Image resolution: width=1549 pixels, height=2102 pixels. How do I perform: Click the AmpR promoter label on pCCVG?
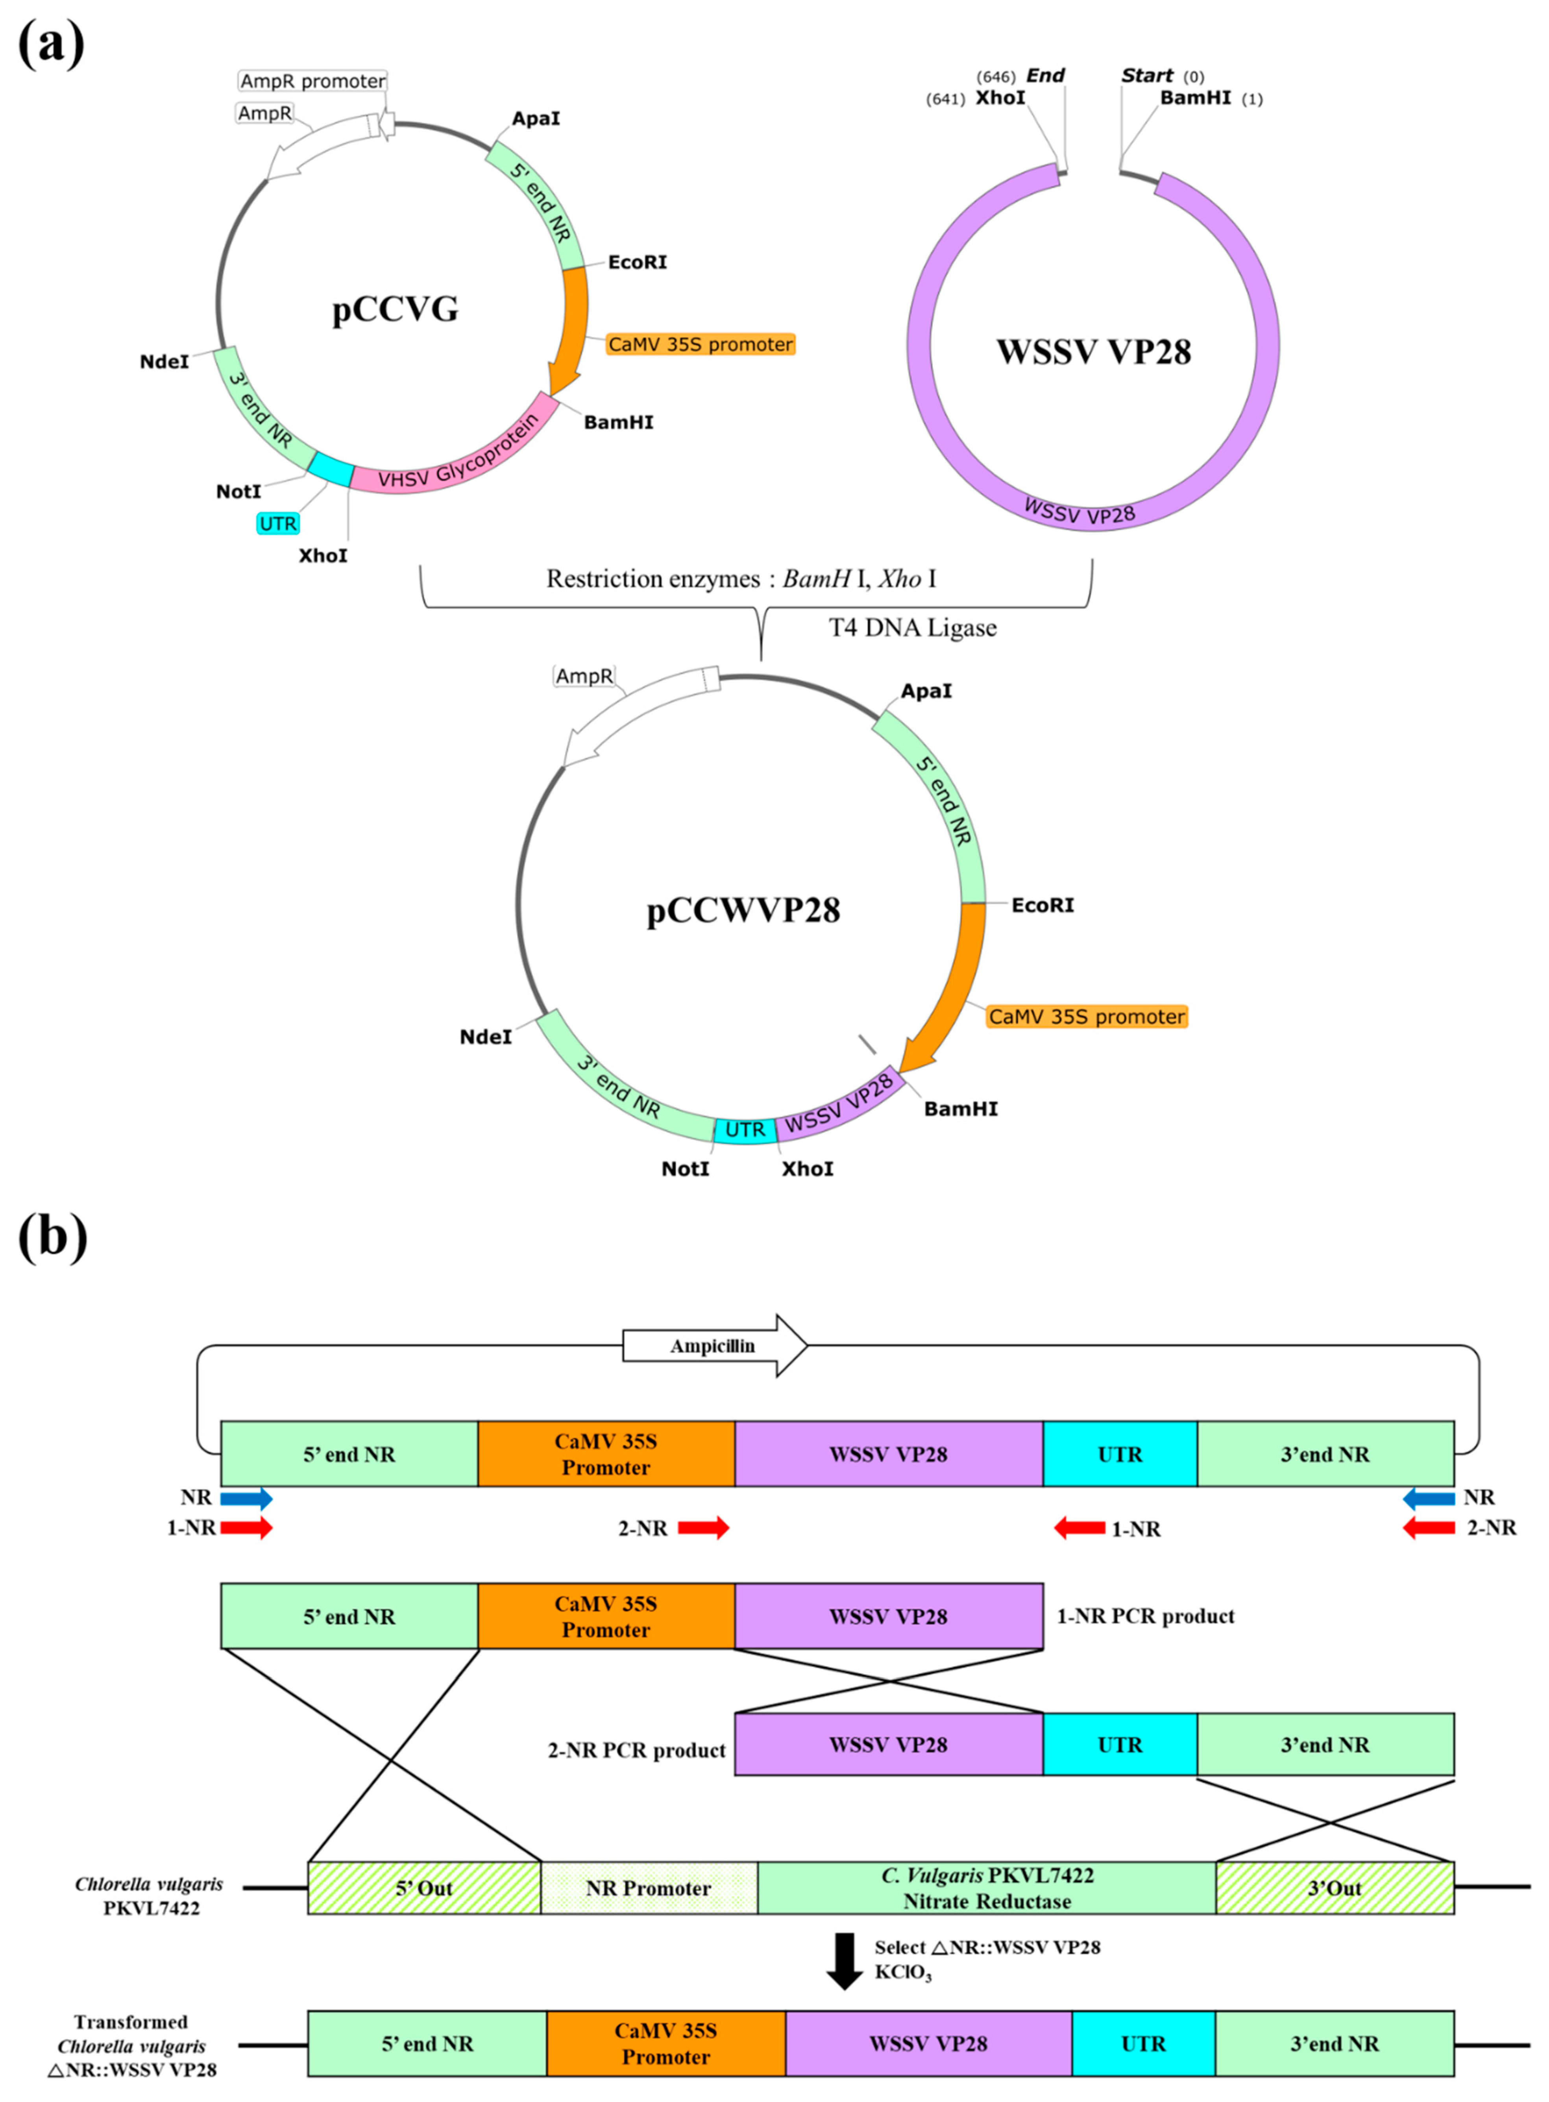[x=312, y=81]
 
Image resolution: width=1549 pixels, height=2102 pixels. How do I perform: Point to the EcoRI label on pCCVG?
[x=637, y=263]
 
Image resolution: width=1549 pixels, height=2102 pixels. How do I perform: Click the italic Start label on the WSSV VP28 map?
[x=1147, y=76]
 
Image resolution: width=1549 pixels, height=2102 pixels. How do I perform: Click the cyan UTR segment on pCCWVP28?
[x=745, y=1130]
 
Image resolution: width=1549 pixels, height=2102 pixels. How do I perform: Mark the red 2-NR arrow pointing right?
[x=703, y=1528]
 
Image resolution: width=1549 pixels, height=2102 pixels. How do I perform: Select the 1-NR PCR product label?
[x=1145, y=1616]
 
